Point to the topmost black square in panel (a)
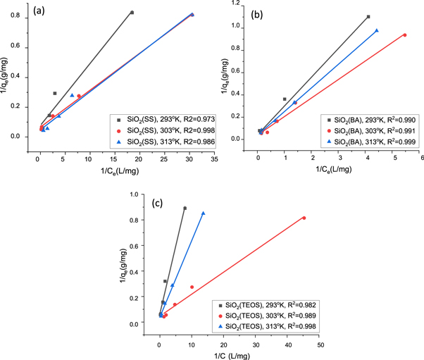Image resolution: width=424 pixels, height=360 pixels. pos(132,13)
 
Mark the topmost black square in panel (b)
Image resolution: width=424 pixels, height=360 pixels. pos(368,16)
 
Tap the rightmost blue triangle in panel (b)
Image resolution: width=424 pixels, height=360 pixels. pos(377,30)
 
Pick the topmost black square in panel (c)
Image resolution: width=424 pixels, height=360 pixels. pos(185,208)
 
